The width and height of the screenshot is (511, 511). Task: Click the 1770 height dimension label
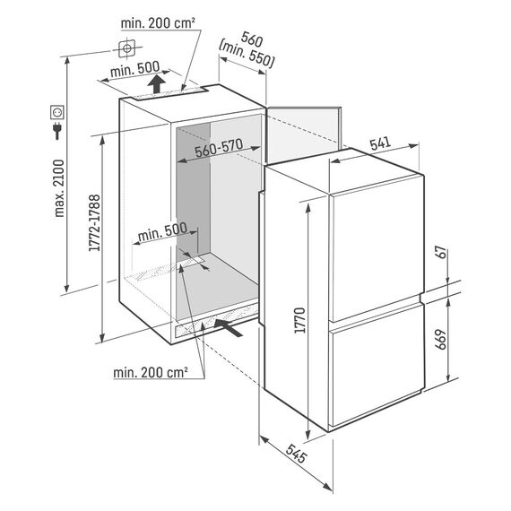click(x=299, y=320)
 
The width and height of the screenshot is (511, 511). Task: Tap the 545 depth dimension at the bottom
click(x=296, y=454)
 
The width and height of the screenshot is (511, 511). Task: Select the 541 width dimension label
click(x=380, y=143)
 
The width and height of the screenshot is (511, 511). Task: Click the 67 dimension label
click(x=442, y=252)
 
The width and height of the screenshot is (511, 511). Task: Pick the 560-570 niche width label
click(x=219, y=147)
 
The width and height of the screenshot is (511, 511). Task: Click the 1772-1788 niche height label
click(x=94, y=223)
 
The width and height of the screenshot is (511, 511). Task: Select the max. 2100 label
click(x=59, y=188)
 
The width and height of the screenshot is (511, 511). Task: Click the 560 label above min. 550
click(x=252, y=39)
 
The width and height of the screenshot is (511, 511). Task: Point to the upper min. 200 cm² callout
click(x=158, y=23)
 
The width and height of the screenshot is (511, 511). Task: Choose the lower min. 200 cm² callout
click(x=151, y=373)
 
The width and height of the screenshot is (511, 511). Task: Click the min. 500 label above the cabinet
click(x=134, y=69)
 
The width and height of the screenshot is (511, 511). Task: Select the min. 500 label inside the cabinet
click(x=162, y=232)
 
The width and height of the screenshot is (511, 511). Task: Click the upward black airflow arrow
click(x=156, y=83)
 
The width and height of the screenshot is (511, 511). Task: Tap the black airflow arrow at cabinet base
click(x=229, y=327)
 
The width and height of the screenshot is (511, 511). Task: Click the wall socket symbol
click(x=57, y=112)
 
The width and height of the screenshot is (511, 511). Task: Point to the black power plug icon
click(x=57, y=131)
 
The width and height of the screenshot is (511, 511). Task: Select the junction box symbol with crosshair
click(x=126, y=48)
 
